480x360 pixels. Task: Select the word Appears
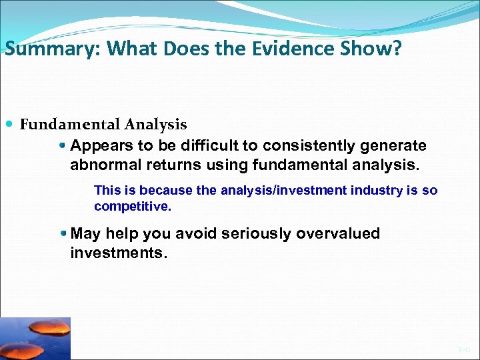[x=99, y=146]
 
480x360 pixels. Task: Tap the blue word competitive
[x=133, y=207]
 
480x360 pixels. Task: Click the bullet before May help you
[x=63, y=234]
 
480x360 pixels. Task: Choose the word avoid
[x=196, y=234]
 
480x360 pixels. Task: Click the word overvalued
[x=341, y=234]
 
